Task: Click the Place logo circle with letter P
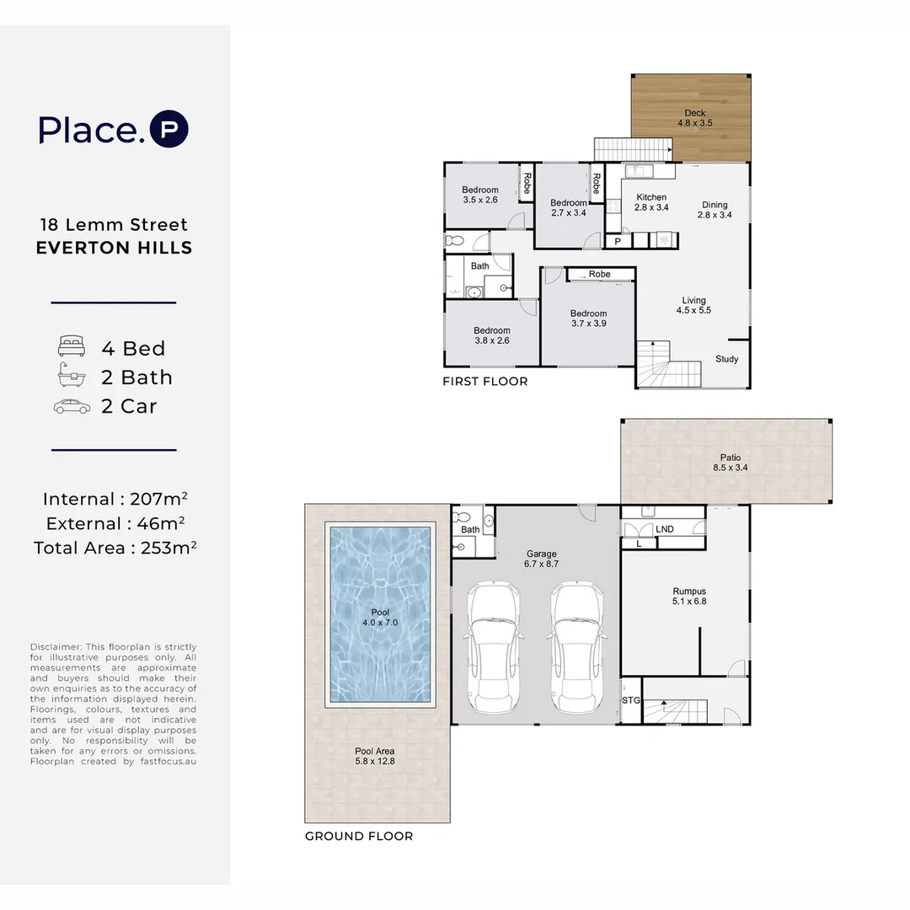(x=169, y=130)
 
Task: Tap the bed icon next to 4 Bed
(x=72, y=347)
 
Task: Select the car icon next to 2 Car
(x=72, y=406)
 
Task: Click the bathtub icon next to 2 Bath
(x=72, y=377)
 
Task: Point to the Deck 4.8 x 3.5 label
(x=695, y=118)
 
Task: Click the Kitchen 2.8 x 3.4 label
(x=651, y=202)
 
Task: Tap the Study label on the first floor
(x=726, y=359)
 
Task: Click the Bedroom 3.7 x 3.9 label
(x=588, y=318)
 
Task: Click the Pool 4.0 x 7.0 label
(x=381, y=617)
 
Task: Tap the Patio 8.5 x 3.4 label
(x=731, y=463)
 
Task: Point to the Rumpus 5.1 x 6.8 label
(x=689, y=596)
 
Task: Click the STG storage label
(x=630, y=700)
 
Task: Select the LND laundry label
(x=664, y=529)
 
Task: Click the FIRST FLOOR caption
(x=485, y=382)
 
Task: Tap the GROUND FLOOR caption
(x=359, y=837)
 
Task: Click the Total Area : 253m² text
(x=115, y=548)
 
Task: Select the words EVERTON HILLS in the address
(x=115, y=248)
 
